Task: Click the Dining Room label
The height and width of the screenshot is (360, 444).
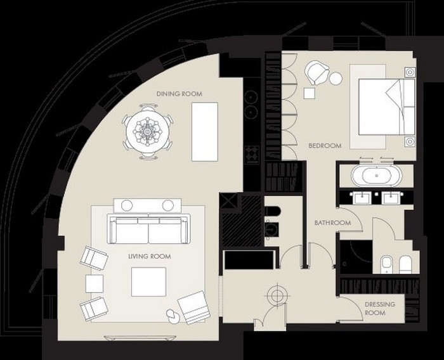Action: coord(180,94)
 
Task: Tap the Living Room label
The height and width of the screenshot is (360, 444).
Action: coord(150,257)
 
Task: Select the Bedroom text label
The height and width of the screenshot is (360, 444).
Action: coord(325,146)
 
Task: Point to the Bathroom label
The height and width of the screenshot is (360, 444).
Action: coord(333,222)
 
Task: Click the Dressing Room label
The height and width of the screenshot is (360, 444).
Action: coord(379,309)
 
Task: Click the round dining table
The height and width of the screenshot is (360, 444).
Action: coord(147,132)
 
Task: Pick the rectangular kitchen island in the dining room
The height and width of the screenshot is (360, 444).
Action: coord(205,132)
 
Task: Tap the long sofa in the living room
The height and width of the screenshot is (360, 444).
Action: coord(148,229)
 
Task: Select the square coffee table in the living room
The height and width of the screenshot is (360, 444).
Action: coord(148,281)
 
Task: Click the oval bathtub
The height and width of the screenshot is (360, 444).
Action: coord(377,176)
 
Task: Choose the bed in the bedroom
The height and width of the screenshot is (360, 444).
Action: coord(386,106)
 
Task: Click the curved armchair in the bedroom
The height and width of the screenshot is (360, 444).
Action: coord(317,73)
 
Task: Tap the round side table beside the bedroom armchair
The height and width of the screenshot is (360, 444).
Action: coord(336,79)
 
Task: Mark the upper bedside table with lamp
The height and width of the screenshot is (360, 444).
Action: coord(410,72)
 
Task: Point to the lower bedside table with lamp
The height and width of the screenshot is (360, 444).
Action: coord(410,141)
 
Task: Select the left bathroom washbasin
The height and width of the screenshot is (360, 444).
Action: coord(360,197)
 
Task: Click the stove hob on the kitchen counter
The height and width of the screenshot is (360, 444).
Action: coord(252,154)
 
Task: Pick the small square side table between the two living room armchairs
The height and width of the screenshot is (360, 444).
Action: coord(95,283)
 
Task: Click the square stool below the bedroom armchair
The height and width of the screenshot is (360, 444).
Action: coord(310,93)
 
